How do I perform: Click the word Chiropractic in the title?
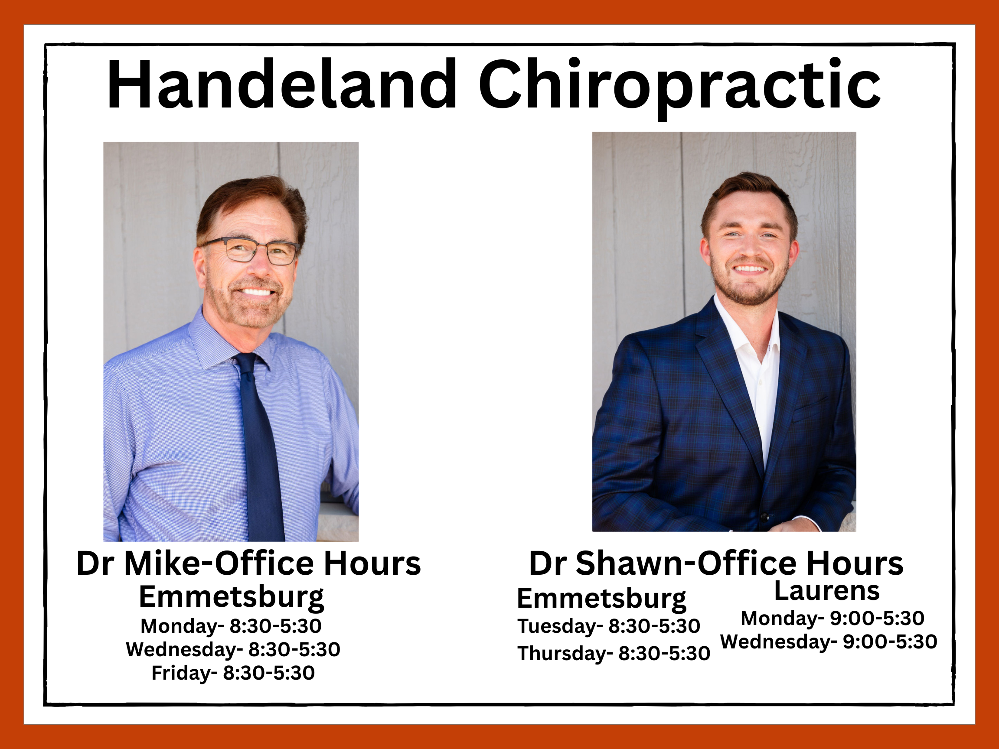(x=679, y=88)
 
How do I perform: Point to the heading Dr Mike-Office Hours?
(x=248, y=563)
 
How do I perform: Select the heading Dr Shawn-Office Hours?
(x=716, y=563)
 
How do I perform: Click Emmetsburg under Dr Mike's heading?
(x=231, y=598)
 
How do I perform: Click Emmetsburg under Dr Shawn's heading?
(x=601, y=599)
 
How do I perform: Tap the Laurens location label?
(x=827, y=590)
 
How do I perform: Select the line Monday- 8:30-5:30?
(x=231, y=626)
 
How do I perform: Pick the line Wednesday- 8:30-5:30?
(x=232, y=650)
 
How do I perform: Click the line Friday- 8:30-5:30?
(x=233, y=673)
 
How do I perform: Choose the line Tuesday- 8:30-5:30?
(x=608, y=626)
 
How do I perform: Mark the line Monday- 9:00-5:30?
(x=832, y=618)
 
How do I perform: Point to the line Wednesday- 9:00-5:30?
(x=829, y=642)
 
